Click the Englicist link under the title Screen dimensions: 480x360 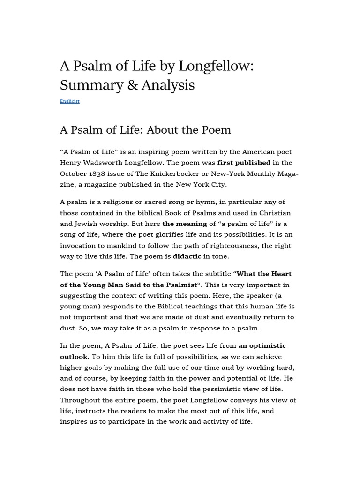pyautogui.click(x=69, y=101)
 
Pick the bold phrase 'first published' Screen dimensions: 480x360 pyautogui.click(x=244, y=163)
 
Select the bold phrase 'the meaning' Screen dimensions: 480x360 pyautogui.click(x=184, y=224)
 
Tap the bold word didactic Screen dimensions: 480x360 pyautogui.click(x=187, y=256)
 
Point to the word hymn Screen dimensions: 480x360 pyautogui.click(x=197, y=202)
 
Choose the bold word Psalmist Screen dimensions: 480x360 pyautogui.click(x=179, y=285)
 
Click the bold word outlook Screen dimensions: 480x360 pyautogui.click(x=74, y=356)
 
